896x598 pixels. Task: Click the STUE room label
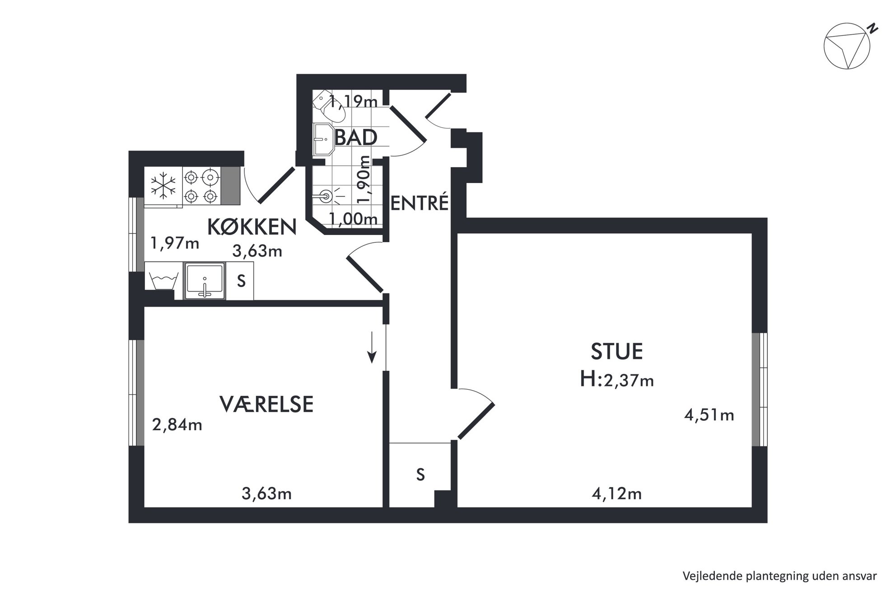tap(616, 352)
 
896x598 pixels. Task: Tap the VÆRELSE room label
tap(266, 404)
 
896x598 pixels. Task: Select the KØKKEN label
tap(252, 227)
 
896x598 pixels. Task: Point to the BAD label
tap(356, 137)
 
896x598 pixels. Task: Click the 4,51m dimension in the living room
tap(709, 415)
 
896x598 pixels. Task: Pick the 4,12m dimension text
tap(617, 494)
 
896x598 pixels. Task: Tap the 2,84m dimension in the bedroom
tap(177, 425)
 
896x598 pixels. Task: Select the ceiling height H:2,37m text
tap(617, 380)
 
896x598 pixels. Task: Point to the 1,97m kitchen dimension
tap(175, 243)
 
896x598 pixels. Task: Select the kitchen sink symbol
tap(205, 281)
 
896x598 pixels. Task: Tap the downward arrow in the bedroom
tap(372, 348)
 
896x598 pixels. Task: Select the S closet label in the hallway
tap(420, 475)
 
